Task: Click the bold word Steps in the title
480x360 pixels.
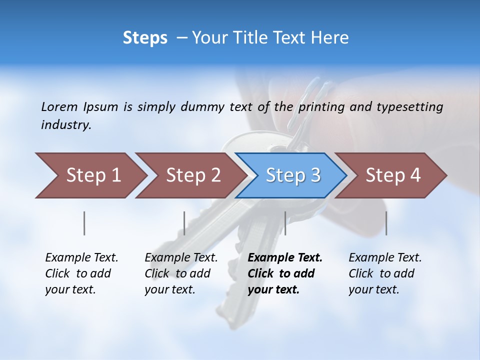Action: tap(145, 38)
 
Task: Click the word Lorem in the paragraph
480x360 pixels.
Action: tap(59, 106)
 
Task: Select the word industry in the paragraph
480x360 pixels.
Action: tap(66, 124)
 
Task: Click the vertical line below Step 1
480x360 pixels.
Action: tap(84, 223)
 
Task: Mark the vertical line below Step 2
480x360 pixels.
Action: tap(184, 223)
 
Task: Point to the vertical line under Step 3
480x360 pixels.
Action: tap(285, 223)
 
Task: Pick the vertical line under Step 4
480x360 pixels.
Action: tap(386, 223)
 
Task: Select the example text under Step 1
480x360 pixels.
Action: tap(81, 273)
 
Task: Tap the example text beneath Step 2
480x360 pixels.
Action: tap(181, 273)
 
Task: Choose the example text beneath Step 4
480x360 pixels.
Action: tap(385, 273)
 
